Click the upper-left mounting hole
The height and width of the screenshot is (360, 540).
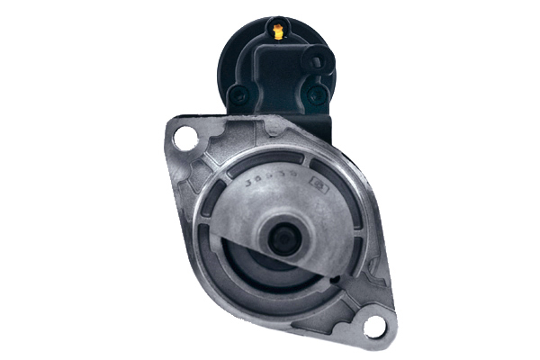184,139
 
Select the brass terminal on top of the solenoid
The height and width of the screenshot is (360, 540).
277,33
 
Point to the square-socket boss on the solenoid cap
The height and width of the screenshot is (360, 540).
317,63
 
